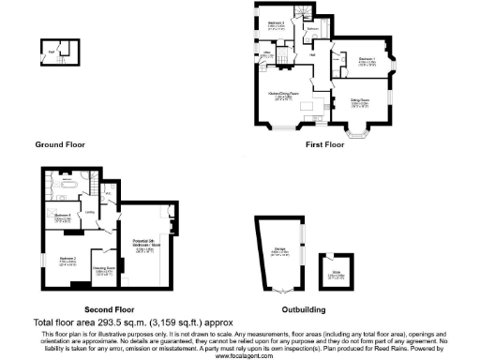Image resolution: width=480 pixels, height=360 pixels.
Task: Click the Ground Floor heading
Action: pyautogui.click(x=61, y=145)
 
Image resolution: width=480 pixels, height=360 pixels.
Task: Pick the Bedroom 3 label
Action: pyautogui.click(x=277, y=24)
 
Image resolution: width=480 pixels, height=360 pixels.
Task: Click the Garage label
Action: pyautogui.click(x=278, y=251)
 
